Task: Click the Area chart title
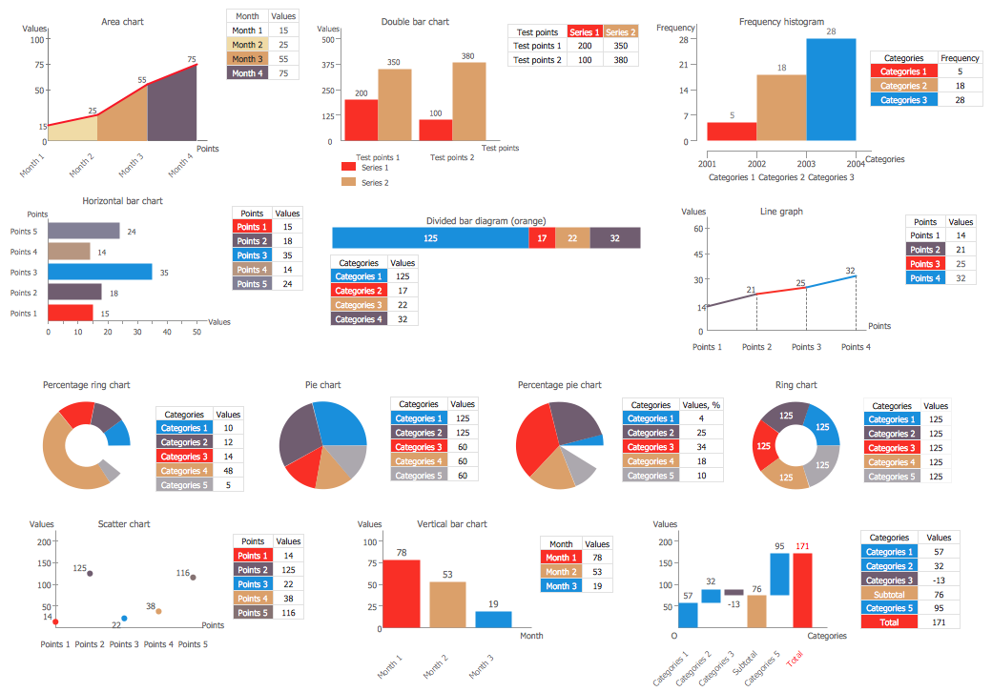[122, 21]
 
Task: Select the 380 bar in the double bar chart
[468, 102]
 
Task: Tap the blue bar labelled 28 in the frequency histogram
[831, 89]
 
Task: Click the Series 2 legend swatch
[348, 181]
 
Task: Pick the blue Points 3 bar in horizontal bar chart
[99, 272]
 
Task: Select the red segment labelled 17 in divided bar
[542, 237]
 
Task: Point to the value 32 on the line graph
[850, 271]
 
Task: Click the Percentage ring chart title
[86, 385]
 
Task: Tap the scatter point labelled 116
[193, 577]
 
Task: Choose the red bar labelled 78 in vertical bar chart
[402, 593]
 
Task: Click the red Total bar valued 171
[802, 590]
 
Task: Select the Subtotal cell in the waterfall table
[889, 594]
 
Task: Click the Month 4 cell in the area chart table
[247, 73]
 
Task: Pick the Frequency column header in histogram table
[960, 57]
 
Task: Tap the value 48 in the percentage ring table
[228, 471]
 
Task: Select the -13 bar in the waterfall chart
[734, 592]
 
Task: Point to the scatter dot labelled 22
[124, 618]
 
